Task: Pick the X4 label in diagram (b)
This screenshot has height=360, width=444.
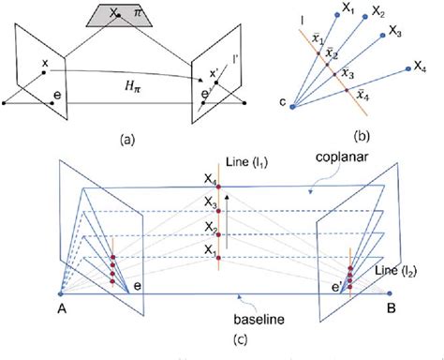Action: click(421, 67)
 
